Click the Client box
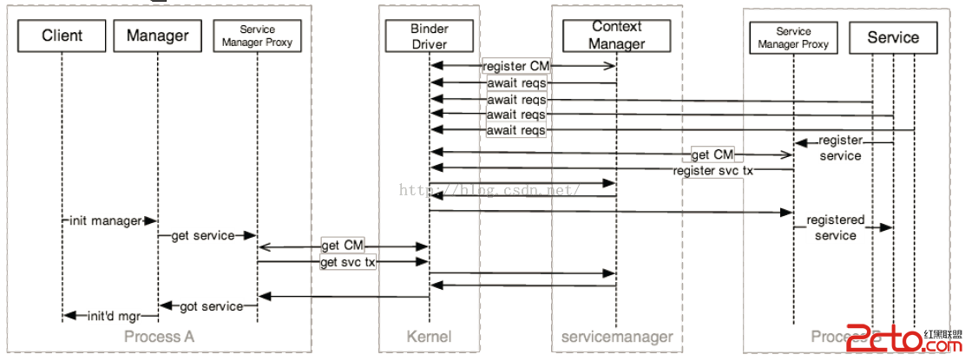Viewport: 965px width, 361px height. click(62, 36)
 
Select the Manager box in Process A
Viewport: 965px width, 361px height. click(157, 36)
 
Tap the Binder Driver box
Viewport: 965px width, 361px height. click(430, 36)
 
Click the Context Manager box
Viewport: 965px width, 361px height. click(617, 36)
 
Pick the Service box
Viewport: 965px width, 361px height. click(893, 36)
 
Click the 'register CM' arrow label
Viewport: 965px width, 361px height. click(516, 66)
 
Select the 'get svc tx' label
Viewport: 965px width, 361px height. click(348, 262)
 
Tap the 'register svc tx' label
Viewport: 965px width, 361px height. click(713, 170)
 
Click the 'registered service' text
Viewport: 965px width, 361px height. click(835, 227)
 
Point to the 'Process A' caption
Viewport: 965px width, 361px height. click(159, 336)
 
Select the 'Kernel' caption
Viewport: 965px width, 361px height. click(429, 336)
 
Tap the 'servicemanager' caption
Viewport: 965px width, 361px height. click(616, 336)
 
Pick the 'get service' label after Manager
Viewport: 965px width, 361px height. click(201, 235)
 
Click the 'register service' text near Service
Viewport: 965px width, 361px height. click(840, 148)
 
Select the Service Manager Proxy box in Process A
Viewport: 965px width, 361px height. click(257, 36)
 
